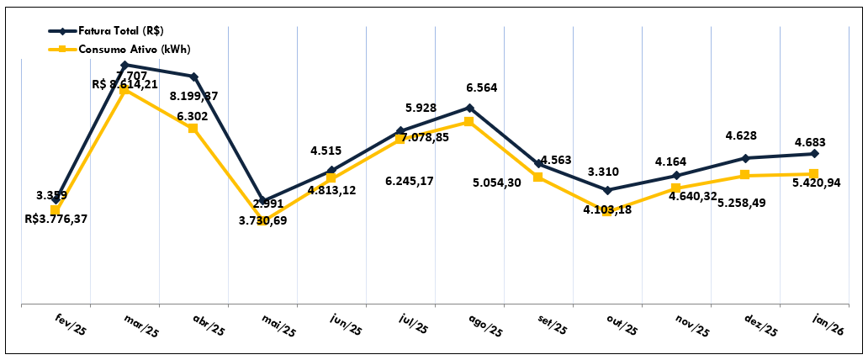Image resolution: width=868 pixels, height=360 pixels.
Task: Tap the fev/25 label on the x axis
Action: (x=71, y=324)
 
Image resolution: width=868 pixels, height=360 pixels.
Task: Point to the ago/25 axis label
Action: (x=484, y=324)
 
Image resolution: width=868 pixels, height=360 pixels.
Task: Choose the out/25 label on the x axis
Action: (x=623, y=324)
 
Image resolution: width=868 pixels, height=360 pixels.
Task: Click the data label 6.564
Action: (x=483, y=88)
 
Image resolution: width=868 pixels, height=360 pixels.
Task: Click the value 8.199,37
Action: (x=193, y=97)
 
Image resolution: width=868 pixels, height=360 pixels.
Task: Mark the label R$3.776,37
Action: (x=56, y=220)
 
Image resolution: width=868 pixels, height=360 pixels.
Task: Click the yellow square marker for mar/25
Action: (x=124, y=90)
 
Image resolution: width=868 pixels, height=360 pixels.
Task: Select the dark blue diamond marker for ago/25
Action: (x=469, y=108)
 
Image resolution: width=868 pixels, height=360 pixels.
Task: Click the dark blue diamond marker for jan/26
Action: (x=813, y=154)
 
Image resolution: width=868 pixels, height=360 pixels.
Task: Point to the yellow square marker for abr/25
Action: (x=193, y=128)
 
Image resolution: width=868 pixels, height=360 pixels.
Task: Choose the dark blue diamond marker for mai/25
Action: (x=262, y=200)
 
